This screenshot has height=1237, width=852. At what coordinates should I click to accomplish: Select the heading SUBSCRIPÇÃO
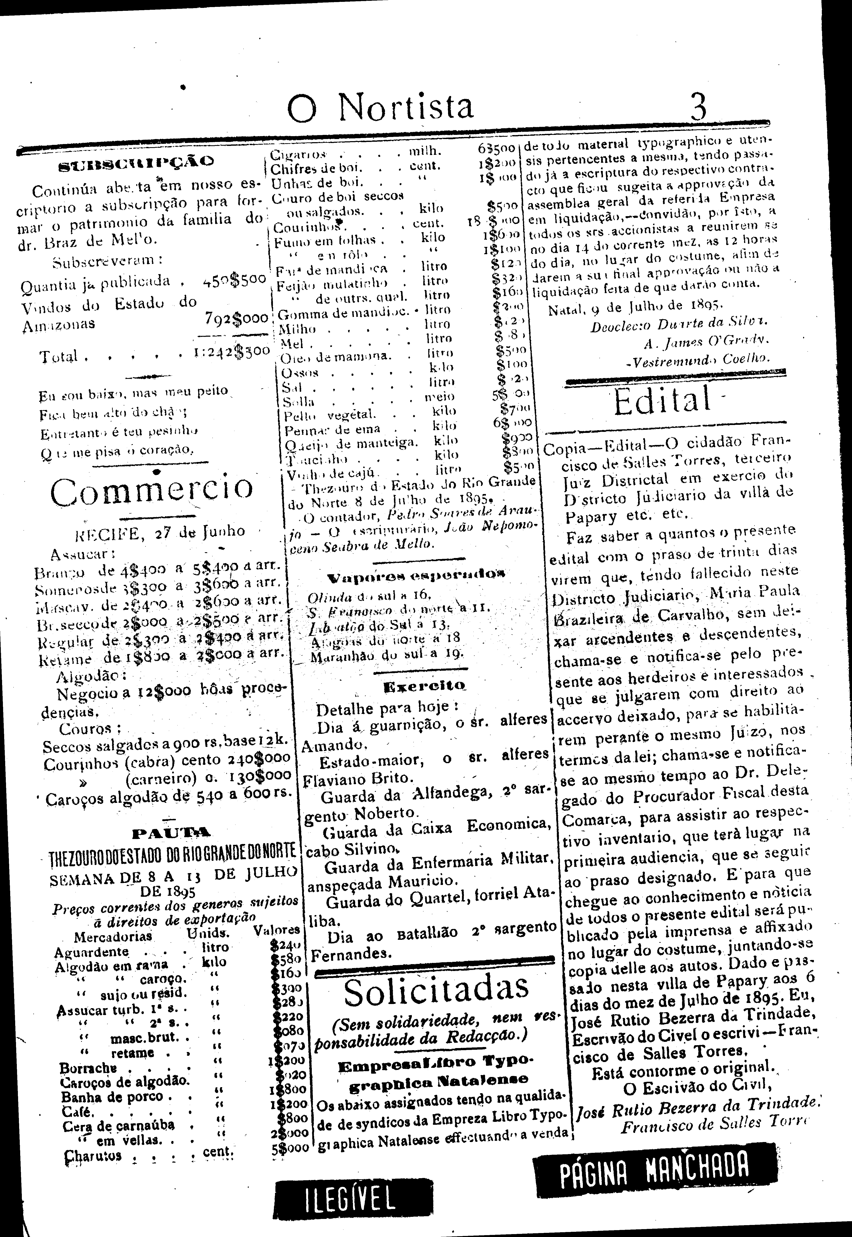coord(136,162)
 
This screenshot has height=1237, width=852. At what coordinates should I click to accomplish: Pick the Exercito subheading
coord(424,685)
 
